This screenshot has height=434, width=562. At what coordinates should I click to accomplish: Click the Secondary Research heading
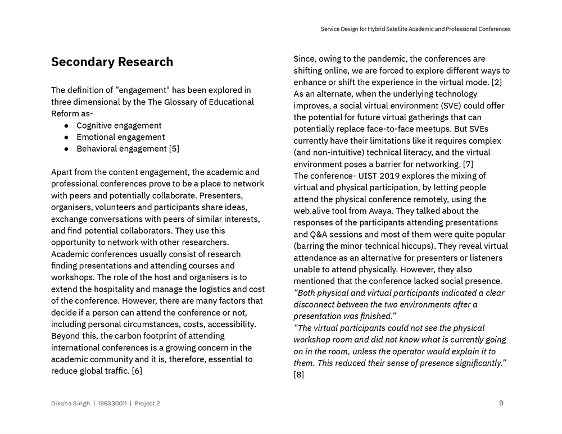click(112, 62)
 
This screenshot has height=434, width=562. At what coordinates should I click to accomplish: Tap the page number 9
click(501, 403)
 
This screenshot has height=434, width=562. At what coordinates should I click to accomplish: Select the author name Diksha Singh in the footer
click(70, 403)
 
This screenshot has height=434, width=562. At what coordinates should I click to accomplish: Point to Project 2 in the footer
click(147, 403)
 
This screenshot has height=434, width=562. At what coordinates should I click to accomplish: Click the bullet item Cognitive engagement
click(119, 125)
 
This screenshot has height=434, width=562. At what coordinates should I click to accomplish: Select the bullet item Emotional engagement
click(120, 137)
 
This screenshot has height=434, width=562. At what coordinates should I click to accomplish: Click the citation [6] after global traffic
click(137, 371)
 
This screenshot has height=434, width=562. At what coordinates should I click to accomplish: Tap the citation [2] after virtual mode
click(497, 83)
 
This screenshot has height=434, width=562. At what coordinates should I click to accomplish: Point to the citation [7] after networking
click(468, 164)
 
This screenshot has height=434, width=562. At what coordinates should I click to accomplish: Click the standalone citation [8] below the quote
click(298, 374)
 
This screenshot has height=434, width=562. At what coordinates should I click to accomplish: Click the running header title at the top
click(415, 29)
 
